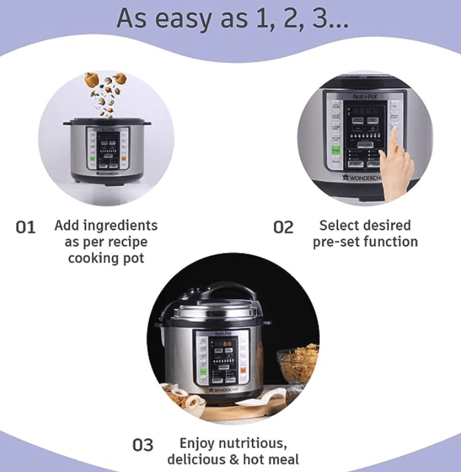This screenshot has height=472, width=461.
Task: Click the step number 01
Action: pos(25,227)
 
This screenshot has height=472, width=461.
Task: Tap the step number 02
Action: pos(283,227)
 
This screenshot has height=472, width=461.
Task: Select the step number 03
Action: pos(142,445)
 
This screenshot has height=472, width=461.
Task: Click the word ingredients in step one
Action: pos(123,226)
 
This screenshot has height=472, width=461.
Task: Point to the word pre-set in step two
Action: pos(336,242)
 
